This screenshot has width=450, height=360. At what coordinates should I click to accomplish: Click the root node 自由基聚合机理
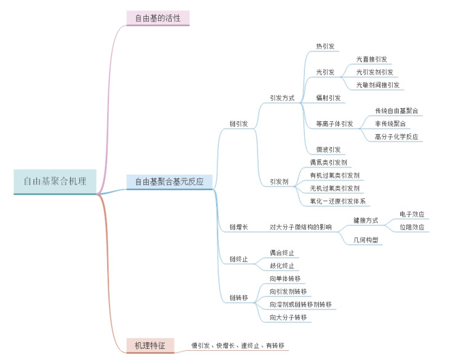point(55,182)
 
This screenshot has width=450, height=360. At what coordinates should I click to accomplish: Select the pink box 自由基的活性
point(158,17)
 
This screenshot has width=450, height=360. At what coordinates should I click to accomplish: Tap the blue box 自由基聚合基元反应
point(169,182)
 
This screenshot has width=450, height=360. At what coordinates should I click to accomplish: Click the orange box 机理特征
point(150,345)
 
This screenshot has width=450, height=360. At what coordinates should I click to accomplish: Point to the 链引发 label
point(239,124)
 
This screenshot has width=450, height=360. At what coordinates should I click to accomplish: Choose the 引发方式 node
point(282,98)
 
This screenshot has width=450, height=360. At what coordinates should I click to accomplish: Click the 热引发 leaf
point(324,46)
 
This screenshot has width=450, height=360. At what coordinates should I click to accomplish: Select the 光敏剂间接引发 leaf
point(377,85)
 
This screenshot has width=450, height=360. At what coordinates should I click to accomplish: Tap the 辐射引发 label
point(328,98)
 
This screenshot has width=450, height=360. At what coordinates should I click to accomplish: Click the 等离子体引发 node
point(334,124)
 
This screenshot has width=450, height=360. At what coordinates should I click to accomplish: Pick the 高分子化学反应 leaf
point(396,137)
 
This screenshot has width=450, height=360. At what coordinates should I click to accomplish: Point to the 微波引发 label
point(328,150)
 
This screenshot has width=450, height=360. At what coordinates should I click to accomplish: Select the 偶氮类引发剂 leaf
point(329,162)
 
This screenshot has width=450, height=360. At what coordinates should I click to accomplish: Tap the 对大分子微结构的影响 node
point(300,227)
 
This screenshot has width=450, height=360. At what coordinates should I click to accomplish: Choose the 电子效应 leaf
point(412,214)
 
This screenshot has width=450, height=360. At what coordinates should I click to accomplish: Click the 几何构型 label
point(365,240)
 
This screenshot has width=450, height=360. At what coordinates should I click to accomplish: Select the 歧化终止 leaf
point(282,266)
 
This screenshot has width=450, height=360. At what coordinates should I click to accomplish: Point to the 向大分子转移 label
point(288,318)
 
